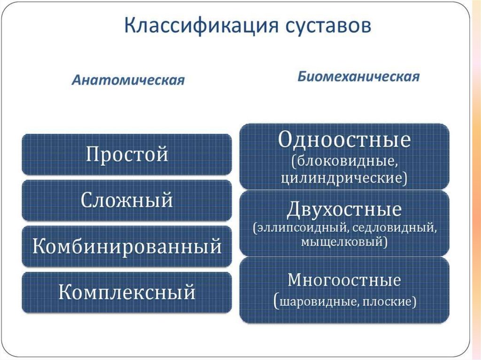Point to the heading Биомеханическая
[x=358, y=77]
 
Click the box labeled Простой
[x=127, y=154]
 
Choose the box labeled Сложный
[x=127, y=200]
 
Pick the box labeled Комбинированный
[x=127, y=246]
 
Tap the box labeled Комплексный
[x=127, y=292]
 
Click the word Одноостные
[x=344, y=140]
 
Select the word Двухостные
[x=344, y=209]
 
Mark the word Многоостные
[x=344, y=280]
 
